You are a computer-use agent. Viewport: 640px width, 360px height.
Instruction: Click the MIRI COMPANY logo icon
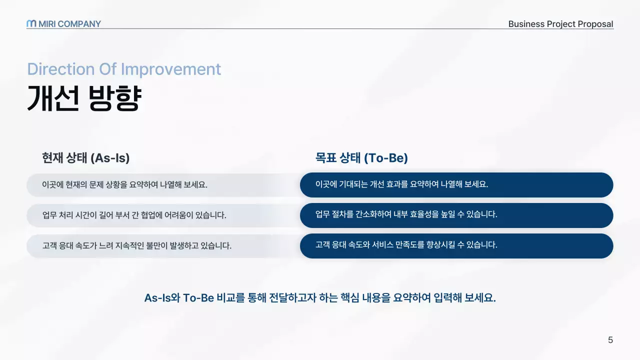point(31,23)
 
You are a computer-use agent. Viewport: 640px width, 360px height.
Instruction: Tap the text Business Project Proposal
point(560,24)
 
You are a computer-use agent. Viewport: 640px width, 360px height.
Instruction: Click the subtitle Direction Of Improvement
point(124,69)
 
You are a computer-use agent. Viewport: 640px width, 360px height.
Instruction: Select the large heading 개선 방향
point(84,98)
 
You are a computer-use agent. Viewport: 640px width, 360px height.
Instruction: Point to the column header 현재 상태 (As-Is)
point(86,158)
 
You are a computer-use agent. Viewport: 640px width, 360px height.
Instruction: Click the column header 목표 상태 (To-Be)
point(361,158)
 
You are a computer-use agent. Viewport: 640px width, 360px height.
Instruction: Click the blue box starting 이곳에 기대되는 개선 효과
point(456,184)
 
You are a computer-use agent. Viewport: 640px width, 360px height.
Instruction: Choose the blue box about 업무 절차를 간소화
point(456,215)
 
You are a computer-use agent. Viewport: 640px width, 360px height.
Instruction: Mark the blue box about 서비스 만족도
point(456,245)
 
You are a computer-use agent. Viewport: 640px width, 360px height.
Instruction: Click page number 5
point(610,340)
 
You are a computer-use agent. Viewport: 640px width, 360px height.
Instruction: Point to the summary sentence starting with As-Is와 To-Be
point(320,298)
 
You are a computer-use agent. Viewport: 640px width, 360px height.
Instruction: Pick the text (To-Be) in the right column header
point(385,158)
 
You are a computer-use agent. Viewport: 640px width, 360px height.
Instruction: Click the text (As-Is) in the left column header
point(110,158)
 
